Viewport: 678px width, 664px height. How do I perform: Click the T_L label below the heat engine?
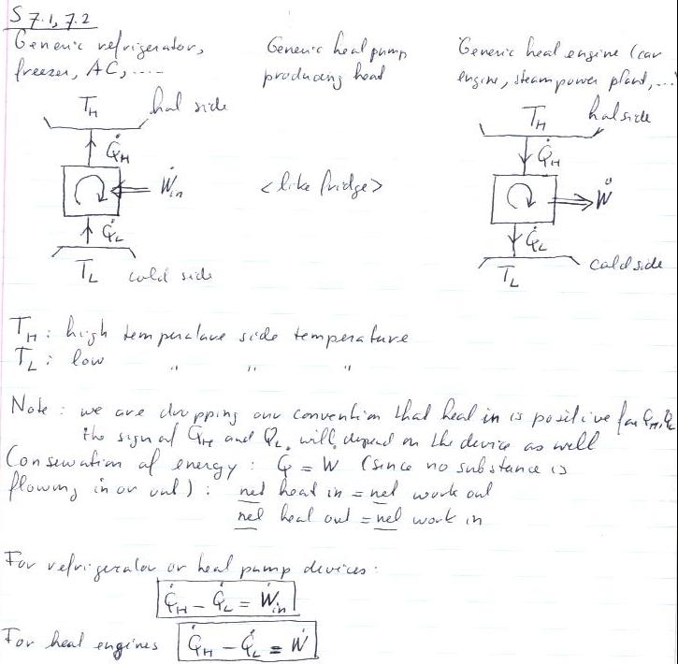tap(510, 279)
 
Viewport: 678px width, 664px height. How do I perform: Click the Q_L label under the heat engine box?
tap(532, 243)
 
